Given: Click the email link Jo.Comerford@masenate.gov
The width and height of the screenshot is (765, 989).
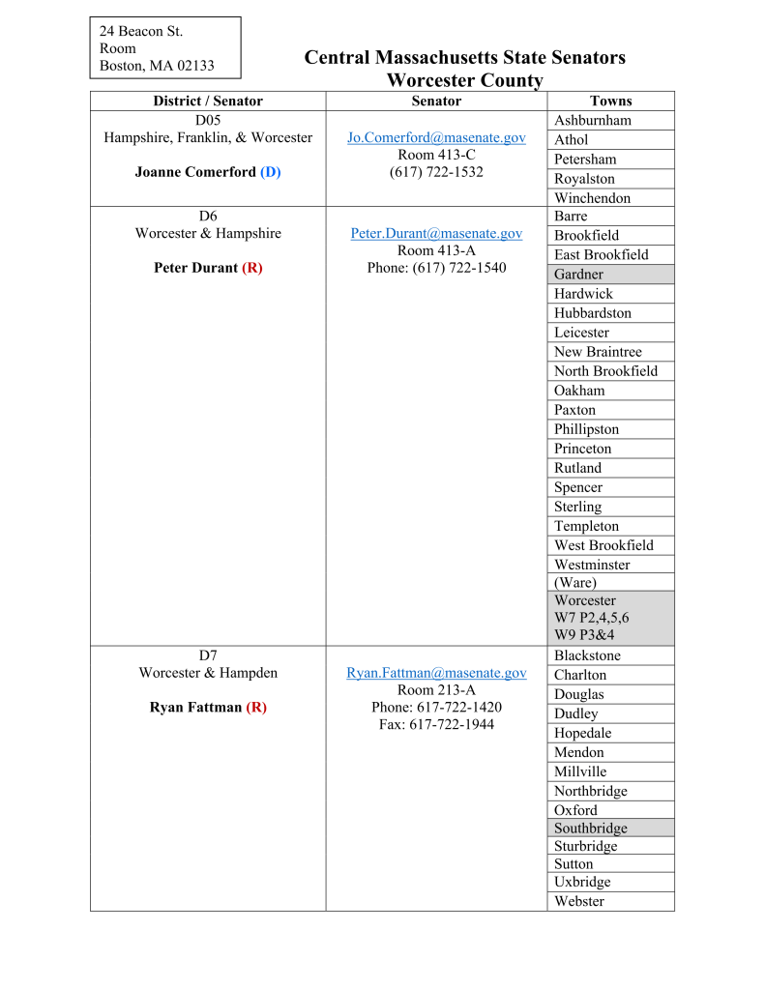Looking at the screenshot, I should [x=436, y=137].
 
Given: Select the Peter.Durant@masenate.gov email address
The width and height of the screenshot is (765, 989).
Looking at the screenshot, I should [x=436, y=233].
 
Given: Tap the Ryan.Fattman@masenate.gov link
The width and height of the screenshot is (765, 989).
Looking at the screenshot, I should [x=436, y=673].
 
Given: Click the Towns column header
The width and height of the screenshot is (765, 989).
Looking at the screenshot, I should [x=610, y=101].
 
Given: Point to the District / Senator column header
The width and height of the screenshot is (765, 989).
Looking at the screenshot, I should [x=208, y=101].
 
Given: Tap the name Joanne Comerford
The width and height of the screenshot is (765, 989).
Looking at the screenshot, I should [x=195, y=172].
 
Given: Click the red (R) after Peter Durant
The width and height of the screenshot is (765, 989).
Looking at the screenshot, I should [x=252, y=268].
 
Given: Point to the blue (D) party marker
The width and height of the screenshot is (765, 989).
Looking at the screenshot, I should [x=271, y=172].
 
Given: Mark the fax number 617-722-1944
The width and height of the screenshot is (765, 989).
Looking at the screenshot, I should [x=436, y=724].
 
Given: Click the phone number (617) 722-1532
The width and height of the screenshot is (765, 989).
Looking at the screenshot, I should [x=436, y=172].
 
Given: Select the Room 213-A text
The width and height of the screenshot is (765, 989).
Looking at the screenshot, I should [x=436, y=690].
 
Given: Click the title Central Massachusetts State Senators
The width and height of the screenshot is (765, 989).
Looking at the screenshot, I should [x=464, y=58].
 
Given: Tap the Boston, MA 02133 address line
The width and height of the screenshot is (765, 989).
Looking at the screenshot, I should [x=157, y=66].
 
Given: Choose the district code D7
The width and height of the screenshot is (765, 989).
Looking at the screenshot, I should [x=208, y=655].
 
